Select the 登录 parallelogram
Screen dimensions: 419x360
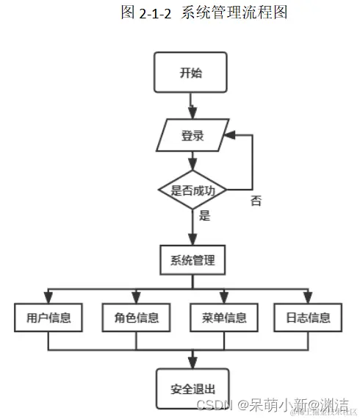click(x=192, y=136)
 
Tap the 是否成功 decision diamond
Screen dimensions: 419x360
click(x=192, y=190)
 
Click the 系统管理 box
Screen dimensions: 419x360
click(x=192, y=259)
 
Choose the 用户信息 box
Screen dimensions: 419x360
click(x=48, y=318)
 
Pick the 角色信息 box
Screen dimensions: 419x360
click(x=136, y=318)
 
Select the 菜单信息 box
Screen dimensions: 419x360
click(x=223, y=318)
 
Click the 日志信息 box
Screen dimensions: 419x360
click(x=303, y=318)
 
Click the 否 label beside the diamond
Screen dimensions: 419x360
click(x=256, y=200)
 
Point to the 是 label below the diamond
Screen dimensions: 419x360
click(x=204, y=216)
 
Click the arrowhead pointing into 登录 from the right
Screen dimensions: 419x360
click(x=231, y=136)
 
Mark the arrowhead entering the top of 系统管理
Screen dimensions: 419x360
click(x=192, y=240)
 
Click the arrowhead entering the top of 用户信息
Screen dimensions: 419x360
click(x=48, y=297)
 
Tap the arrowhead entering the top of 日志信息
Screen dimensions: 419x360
click(x=303, y=297)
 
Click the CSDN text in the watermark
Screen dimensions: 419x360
click(x=214, y=405)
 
